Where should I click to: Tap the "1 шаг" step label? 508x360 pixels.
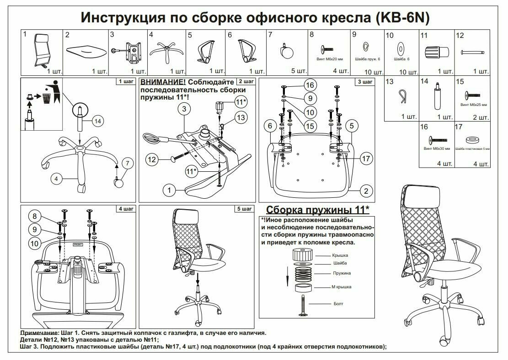[126, 82]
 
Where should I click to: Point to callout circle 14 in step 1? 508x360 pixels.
[98, 121]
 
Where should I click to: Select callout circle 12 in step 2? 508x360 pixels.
[152, 159]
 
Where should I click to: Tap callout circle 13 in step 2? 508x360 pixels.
[241, 117]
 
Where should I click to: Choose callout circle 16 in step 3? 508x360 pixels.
[310, 85]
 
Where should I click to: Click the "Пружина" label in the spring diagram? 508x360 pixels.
[342, 273]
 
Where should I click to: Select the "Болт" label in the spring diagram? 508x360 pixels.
[338, 304]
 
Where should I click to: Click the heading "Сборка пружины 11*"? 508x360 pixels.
[317, 210]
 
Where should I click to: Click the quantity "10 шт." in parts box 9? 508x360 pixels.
[374, 72]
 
